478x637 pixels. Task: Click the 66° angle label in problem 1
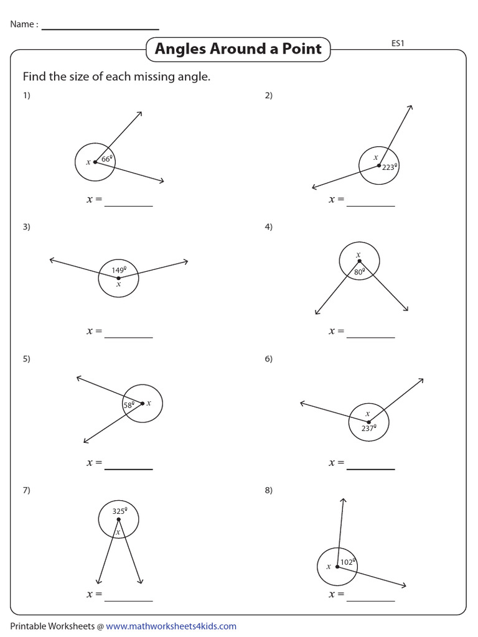106,159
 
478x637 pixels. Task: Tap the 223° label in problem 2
390,167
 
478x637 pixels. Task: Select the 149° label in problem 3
119,270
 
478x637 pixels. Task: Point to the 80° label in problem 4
359,271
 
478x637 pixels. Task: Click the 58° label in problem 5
129,405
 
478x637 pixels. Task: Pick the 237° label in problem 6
368,428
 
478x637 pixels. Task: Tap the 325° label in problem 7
119,511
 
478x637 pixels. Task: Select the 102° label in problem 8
348,562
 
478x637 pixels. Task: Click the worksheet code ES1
398,44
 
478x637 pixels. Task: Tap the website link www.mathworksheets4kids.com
171,626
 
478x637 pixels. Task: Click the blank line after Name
100,29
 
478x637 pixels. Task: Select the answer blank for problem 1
128,205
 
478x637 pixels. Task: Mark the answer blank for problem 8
370,600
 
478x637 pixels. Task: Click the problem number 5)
26,359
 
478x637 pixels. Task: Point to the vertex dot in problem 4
359,261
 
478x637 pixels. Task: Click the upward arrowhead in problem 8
342,500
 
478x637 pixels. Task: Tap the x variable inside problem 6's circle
368,414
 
